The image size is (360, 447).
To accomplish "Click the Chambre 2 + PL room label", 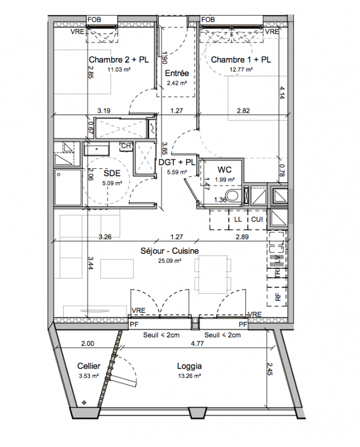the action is [x=119, y=60].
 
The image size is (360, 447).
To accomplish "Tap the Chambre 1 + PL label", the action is [x=241, y=60].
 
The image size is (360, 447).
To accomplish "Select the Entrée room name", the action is [x=177, y=73].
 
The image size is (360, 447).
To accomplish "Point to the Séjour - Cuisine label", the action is [x=170, y=251].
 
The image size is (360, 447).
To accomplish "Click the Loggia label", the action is [x=190, y=366].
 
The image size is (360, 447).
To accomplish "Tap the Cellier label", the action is [x=89, y=366].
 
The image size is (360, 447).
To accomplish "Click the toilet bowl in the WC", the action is [x=234, y=197].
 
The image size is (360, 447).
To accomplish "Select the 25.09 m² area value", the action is [x=170, y=260].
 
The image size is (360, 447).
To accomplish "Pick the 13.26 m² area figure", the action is [x=190, y=376].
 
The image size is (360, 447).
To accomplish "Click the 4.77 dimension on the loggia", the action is [x=197, y=344].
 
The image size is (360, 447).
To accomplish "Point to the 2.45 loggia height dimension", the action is [x=270, y=369].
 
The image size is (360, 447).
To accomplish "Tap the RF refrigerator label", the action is [x=278, y=298].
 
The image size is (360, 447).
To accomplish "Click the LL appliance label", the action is [x=238, y=219].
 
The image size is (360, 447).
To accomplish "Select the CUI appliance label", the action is [x=257, y=219].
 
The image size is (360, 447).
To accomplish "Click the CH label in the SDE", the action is [x=126, y=146].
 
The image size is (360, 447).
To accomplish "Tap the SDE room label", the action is [x=112, y=173].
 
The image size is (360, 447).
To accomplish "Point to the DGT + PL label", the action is [x=177, y=162].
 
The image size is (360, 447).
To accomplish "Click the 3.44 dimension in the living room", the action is [x=90, y=263].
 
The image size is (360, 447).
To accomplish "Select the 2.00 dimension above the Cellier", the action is [x=88, y=344].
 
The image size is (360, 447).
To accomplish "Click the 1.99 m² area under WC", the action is [x=225, y=179].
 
